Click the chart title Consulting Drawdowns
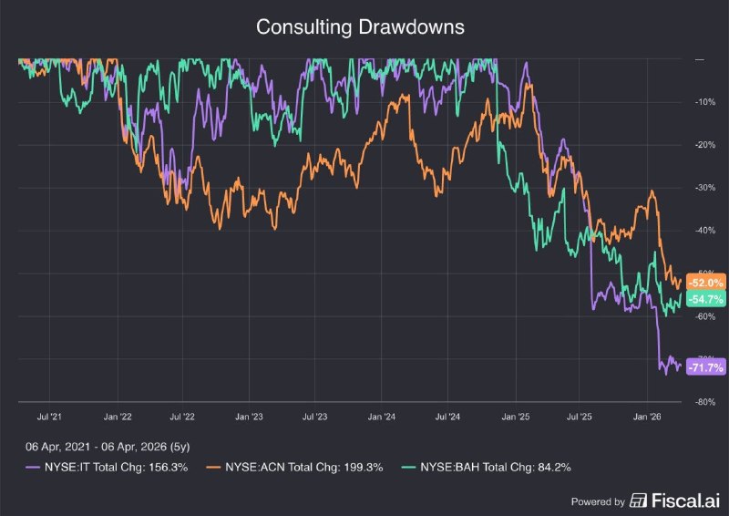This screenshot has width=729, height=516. [360, 27]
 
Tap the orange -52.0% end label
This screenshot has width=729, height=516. [706, 283]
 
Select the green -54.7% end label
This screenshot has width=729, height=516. [706, 299]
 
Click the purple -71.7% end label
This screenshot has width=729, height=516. [706, 367]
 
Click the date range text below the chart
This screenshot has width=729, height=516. [108, 447]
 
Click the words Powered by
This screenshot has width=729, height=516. [597, 501]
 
